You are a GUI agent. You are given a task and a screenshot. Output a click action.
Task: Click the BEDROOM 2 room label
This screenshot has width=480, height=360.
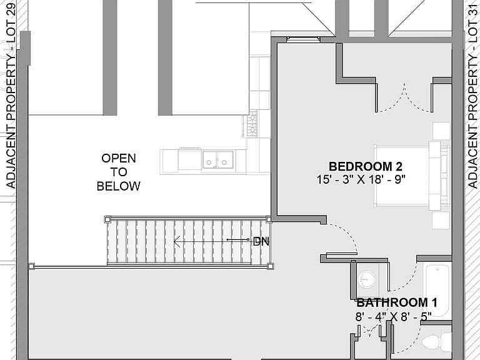[x=366, y=166]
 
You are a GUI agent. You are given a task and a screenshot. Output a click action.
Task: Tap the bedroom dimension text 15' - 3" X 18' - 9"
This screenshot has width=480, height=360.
[x=361, y=179]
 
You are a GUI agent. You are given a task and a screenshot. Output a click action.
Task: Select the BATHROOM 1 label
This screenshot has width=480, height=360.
[x=397, y=302]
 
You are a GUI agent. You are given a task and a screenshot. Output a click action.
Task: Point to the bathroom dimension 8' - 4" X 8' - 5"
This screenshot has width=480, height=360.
[x=393, y=316]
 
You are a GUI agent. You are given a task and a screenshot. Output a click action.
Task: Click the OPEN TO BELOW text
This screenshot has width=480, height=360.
[x=119, y=172]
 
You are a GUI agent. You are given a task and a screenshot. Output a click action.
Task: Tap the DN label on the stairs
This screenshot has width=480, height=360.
[x=261, y=241]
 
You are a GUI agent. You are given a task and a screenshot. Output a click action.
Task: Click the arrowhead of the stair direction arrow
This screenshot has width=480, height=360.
[x=177, y=241]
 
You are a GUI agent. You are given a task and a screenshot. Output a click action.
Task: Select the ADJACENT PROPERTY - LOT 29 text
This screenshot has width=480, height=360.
[x=11, y=96]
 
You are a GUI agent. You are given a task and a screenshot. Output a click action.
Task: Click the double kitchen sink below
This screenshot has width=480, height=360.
[x=217, y=160]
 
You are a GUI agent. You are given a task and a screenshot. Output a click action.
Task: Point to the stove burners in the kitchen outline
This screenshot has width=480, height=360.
[x=252, y=123]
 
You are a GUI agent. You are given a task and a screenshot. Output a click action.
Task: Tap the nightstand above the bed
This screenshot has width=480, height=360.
[x=441, y=131]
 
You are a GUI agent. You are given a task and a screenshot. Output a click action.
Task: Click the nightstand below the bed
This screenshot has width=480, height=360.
[x=441, y=221]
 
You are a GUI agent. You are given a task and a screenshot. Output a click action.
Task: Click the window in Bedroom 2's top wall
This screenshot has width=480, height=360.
[x=304, y=39]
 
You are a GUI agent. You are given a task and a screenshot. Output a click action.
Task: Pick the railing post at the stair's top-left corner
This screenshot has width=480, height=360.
[x=107, y=219]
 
